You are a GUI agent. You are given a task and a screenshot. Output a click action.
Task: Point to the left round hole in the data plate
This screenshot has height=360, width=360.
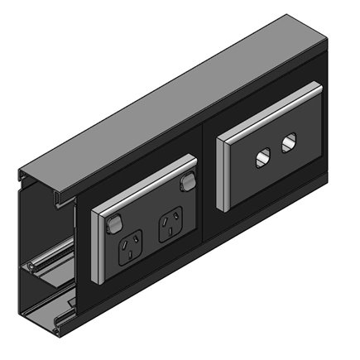(264, 154)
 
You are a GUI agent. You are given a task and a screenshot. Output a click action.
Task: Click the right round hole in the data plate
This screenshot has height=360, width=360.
(287, 143)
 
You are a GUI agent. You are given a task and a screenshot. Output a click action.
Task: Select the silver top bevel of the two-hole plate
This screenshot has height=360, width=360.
(265, 124)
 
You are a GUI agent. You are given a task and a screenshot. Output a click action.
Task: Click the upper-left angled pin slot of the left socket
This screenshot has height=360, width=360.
(127, 242)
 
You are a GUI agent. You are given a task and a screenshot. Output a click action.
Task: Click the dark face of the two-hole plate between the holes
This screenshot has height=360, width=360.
(276, 150)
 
